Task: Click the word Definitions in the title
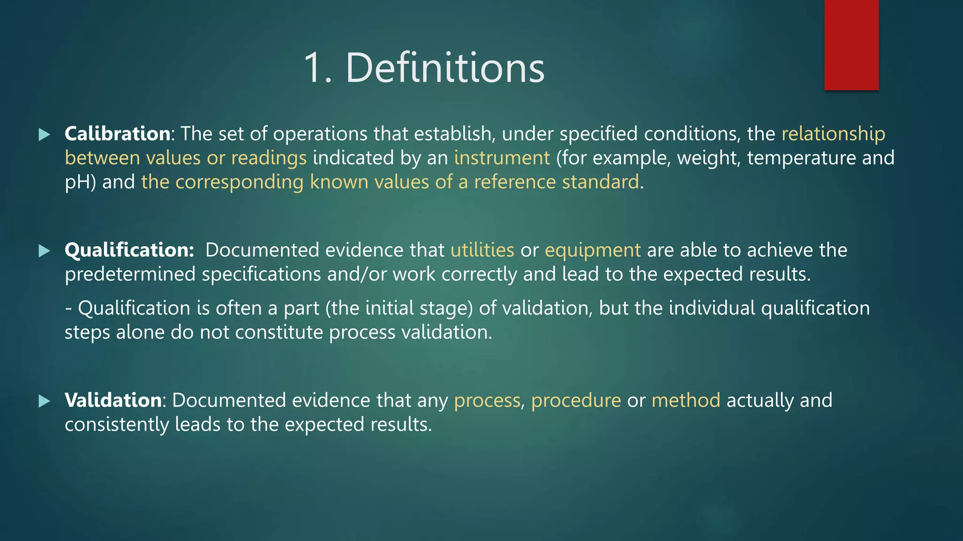click(445, 68)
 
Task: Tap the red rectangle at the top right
click(851, 45)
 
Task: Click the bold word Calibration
click(117, 134)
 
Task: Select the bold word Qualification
click(129, 250)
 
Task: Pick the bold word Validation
click(113, 400)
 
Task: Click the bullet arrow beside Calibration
click(44, 135)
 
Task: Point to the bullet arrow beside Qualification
click(44, 251)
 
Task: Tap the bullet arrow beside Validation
click(44, 401)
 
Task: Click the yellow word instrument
click(502, 158)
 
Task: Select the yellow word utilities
click(482, 250)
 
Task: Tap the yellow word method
click(686, 400)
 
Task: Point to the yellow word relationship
click(833, 134)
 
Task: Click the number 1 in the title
click(314, 68)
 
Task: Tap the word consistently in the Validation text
click(117, 425)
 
